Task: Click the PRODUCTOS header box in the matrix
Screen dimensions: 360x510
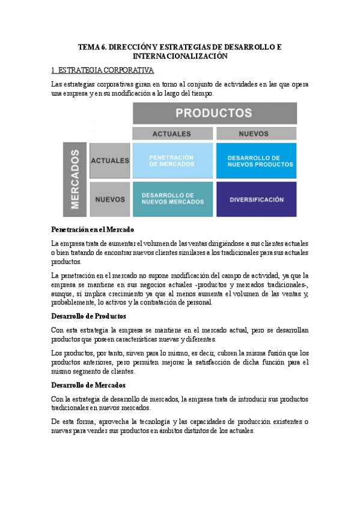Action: pos(214,113)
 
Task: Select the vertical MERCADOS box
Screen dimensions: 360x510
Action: pos(75,179)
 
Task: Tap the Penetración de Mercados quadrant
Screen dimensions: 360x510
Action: pos(172,161)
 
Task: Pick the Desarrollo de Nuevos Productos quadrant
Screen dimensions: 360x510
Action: pos(256,161)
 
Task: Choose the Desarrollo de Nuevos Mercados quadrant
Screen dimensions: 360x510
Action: pos(172,198)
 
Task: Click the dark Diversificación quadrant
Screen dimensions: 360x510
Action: pos(256,199)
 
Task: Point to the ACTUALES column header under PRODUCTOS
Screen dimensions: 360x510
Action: pos(172,134)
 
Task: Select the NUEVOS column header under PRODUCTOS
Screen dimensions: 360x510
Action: pos(256,134)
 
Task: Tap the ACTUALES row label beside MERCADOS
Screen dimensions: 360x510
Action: pos(109,161)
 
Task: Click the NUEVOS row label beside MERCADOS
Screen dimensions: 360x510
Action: pos(109,199)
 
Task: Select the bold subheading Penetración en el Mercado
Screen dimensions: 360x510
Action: pos(93,230)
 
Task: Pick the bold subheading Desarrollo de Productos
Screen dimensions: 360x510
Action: pos(89,316)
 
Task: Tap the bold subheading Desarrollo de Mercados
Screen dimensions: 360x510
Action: pos(88,386)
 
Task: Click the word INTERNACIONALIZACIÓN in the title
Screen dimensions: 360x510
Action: pos(180,55)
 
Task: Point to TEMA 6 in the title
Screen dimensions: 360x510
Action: pos(91,46)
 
